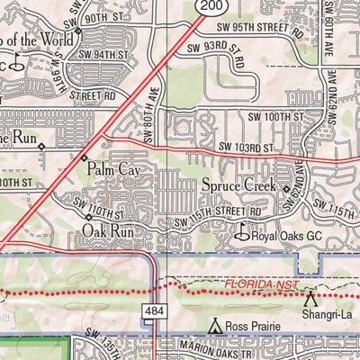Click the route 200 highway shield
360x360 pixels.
click(x=207, y=7)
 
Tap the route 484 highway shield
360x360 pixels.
click(x=151, y=310)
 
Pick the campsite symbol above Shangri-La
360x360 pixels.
click(x=311, y=297)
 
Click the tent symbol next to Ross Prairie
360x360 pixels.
click(x=214, y=325)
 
